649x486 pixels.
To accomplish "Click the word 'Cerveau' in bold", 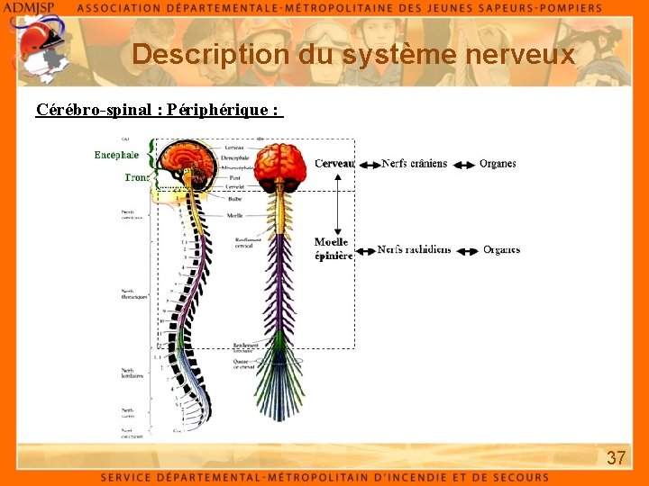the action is [x=334, y=164].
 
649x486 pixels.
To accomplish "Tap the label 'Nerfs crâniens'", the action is [x=414, y=164].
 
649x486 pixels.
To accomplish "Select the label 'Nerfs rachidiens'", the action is [x=414, y=249].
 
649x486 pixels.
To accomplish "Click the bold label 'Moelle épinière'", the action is [x=333, y=249].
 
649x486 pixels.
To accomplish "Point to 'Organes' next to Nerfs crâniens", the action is [x=498, y=164].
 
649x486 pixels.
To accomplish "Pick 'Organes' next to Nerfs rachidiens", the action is [x=501, y=249].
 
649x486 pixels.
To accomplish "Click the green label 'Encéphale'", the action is [x=116, y=155].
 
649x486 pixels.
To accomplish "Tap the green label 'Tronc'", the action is [x=136, y=177].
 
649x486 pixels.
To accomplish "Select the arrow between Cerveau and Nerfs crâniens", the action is [x=368, y=164].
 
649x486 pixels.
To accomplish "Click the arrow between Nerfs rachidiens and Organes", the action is [x=465, y=250].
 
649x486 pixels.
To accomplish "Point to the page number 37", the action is [x=616, y=458].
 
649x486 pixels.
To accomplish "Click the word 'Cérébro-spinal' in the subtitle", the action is [x=93, y=110].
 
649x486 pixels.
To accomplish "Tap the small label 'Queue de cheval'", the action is [x=244, y=364].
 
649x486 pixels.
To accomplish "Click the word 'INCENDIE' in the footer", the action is [x=425, y=477].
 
